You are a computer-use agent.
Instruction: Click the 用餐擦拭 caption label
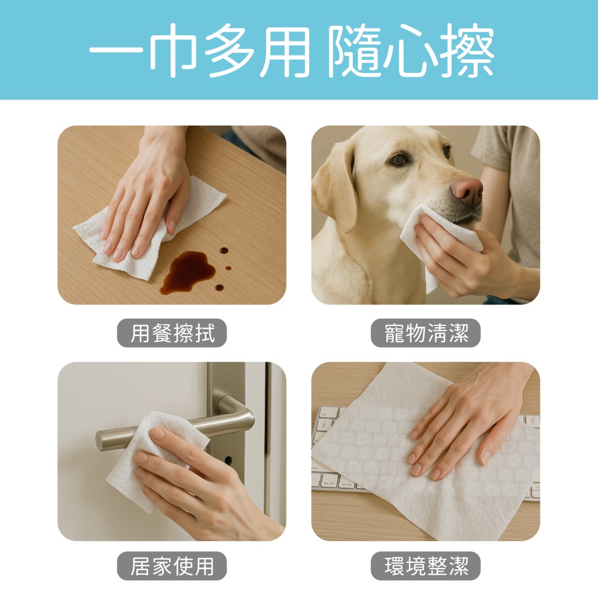pyautogui.click(x=172, y=333)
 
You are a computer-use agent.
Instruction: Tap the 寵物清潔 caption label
pyautogui.click(x=426, y=333)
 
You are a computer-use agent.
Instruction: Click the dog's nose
pyautogui.click(x=467, y=191)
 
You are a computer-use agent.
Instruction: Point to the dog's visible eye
pyautogui.click(x=399, y=160)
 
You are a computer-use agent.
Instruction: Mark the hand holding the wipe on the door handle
pyautogui.click(x=197, y=484)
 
